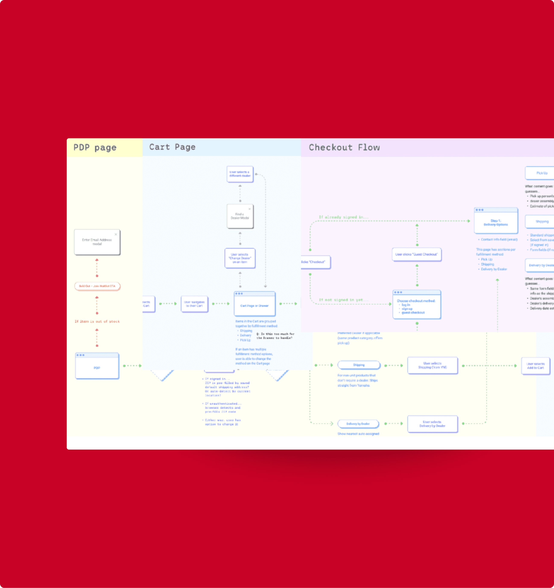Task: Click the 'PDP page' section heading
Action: (x=95, y=147)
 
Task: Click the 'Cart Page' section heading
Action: (x=172, y=147)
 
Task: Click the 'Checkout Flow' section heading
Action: (x=344, y=147)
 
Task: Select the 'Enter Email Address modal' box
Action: (x=97, y=242)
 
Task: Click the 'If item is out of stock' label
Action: (x=97, y=321)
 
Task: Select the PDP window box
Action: (x=97, y=366)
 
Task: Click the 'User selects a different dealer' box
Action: (x=240, y=174)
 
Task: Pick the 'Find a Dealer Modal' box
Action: (x=240, y=216)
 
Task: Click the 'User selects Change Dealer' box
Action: (x=240, y=258)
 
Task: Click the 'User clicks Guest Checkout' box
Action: (x=417, y=254)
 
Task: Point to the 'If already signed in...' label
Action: (x=344, y=217)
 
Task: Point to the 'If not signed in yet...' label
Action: (x=344, y=300)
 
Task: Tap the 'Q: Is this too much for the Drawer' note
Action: (x=275, y=336)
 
